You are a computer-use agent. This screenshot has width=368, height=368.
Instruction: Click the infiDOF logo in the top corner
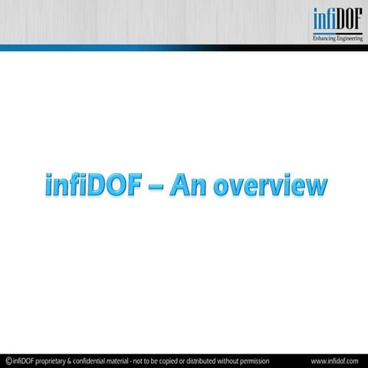tap(337, 24)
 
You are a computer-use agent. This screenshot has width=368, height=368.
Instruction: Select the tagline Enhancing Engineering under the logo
tap(337, 38)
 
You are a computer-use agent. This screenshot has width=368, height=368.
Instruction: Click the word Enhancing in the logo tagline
tap(324, 38)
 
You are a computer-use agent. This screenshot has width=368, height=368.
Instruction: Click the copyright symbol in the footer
tap(8, 360)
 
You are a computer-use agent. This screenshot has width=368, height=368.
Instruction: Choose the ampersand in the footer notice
tap(76, 360)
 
